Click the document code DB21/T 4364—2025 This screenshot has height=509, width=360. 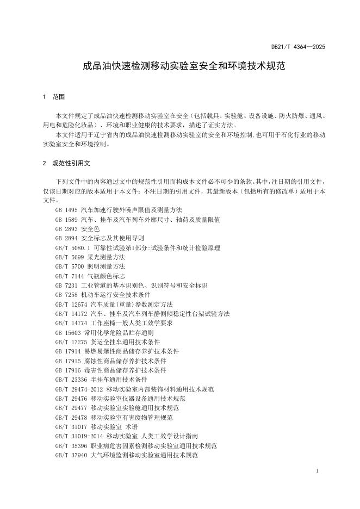click(x=298, y=47)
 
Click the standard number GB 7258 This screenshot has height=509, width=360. click(x=66, y=294)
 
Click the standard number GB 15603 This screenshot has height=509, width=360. click(x=67, y=332)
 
